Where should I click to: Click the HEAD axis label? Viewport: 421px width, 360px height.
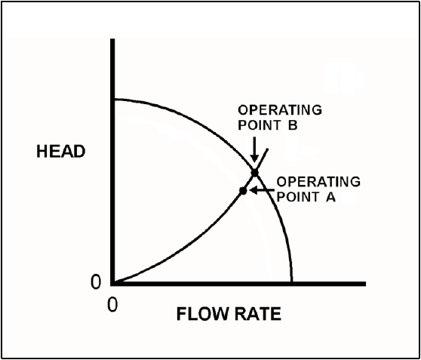[61, 152]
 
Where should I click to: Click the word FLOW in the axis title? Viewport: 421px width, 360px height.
[203, 314]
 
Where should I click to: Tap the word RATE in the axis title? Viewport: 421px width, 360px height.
[257, 314]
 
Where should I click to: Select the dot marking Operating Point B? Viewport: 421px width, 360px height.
[255, 173]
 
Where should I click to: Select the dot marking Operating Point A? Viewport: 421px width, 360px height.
[243, 191]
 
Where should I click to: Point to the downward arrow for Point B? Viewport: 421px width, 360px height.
[254, 150]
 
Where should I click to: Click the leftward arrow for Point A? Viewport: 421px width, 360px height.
[262, 190]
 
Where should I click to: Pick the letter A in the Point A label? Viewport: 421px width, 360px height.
[330, 197]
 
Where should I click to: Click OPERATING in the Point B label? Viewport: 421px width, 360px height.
[280, 110]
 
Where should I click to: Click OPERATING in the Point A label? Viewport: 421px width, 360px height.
[318, 182]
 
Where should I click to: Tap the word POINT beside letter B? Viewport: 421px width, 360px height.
[259, 125]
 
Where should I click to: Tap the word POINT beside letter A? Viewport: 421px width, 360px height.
[297, 197]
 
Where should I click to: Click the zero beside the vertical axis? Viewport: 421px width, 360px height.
[96, 282]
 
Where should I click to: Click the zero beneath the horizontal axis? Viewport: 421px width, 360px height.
[112, 304]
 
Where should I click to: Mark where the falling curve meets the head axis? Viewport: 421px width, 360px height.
[115, 100]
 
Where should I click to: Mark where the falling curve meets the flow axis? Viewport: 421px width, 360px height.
[291, 282]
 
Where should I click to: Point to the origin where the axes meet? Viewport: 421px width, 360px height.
[112, 284]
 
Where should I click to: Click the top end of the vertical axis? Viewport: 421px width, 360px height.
[112, 39]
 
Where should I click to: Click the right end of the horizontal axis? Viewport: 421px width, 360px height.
[365, 284]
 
